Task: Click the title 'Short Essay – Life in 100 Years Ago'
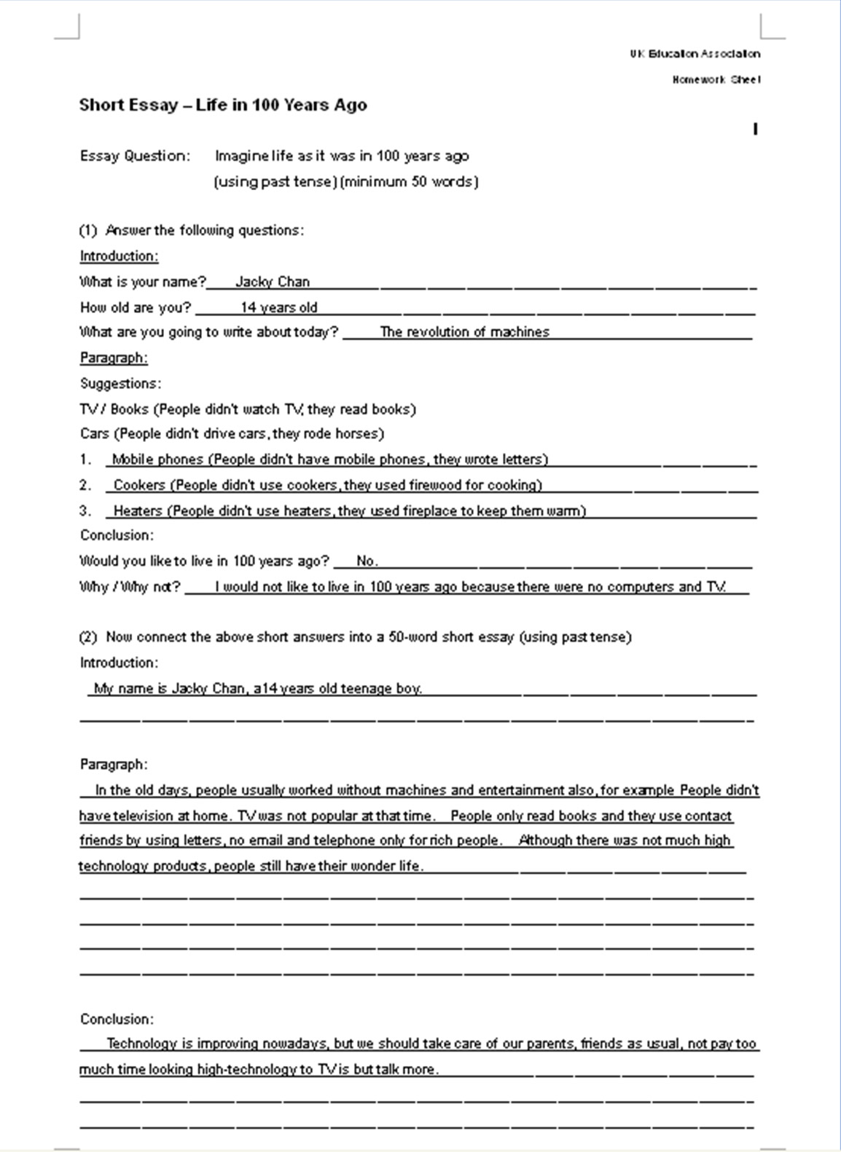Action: [x=223, y=105]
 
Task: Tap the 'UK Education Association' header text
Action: [x=695, y=53]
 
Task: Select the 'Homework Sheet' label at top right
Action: [x=716, y=79]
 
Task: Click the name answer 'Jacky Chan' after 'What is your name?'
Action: [x=273, y=282]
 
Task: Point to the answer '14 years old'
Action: [x=279, y=307]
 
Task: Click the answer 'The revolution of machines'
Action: [x=464, y=332]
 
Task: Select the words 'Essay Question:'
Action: [x=135, y=156]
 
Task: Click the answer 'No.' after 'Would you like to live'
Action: [x=367, y=561]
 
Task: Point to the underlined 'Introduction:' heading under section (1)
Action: [x=119, y=256]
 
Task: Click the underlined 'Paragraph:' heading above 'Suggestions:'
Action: [x=114, y=358]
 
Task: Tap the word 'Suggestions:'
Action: [x=121, y=383]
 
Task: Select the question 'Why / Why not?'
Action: [x=130, y=587]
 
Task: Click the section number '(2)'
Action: [x=87, y=636]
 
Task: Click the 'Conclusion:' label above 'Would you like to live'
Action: [x=117, y=535]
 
